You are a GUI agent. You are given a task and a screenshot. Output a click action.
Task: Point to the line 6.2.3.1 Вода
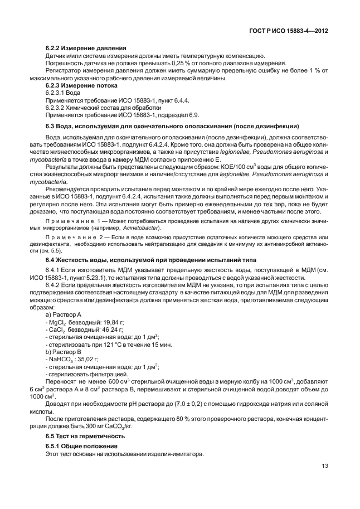[63, 93]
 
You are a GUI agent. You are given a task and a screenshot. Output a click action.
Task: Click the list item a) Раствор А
[64, 314]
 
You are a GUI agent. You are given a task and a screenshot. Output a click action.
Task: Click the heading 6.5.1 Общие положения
[81, 447]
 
